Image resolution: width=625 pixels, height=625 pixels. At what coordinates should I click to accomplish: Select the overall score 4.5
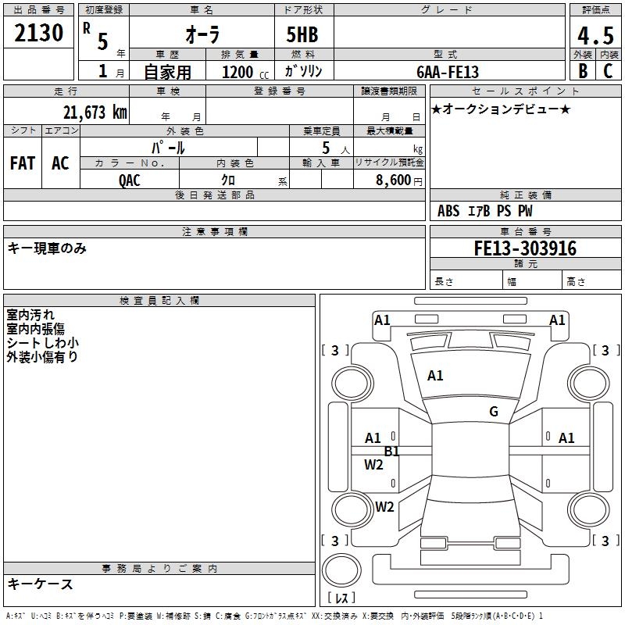click(x=594, y=36)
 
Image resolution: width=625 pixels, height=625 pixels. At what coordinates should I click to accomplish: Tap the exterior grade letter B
click(x=582, y=70)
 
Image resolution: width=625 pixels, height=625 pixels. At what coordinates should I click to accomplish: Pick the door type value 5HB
click(x=302, y=36)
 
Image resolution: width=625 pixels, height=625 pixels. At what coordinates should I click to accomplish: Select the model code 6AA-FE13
click(x=448, y=71)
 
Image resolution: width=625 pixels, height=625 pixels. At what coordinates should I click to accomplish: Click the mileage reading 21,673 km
click(x=95, y=112)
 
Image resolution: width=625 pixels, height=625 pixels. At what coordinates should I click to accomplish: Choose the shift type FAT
click(x=22, y=163)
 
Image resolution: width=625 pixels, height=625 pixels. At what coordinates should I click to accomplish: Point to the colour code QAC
click(x=130, y=179)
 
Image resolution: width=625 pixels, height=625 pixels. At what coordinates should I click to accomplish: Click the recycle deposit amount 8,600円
click(x=399, y=179)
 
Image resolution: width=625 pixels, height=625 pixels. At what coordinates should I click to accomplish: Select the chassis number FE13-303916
click(x=525, y=248)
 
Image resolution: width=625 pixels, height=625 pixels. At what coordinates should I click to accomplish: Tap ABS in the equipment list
click(x=448, y=211)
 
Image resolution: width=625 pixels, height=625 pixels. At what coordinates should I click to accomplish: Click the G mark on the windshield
click(x=493, y=411)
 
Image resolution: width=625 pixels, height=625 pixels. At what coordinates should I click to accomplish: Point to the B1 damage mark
click(x=391, y=451)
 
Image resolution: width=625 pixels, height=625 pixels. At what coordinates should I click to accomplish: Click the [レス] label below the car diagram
click(x=343, y=598)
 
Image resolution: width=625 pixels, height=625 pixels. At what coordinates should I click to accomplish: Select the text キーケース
click(x=40, y=584)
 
